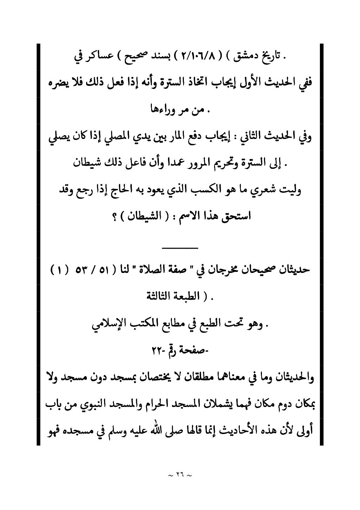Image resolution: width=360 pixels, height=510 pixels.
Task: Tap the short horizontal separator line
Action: click(x=180, y=248)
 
